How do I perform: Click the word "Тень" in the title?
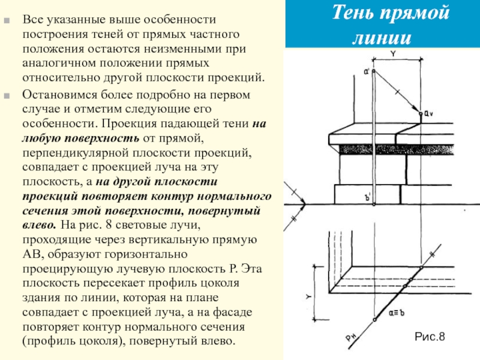pos(354,12)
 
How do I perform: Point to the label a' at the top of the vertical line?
pos(366,72)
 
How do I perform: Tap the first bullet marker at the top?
pos(8,20)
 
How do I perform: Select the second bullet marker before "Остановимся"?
pos(8,94)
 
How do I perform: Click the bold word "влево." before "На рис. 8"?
pos(41,225)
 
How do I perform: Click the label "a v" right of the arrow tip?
pos(427,113)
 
